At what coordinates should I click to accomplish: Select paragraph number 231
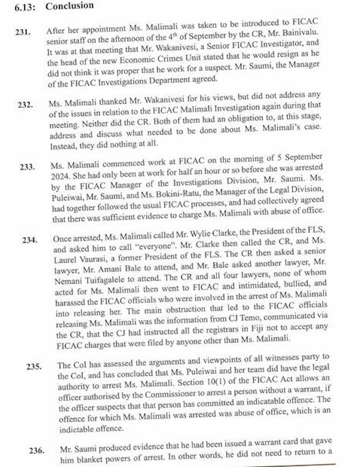(x=22, y=33)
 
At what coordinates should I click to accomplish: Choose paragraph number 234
(x=30, y=240)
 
